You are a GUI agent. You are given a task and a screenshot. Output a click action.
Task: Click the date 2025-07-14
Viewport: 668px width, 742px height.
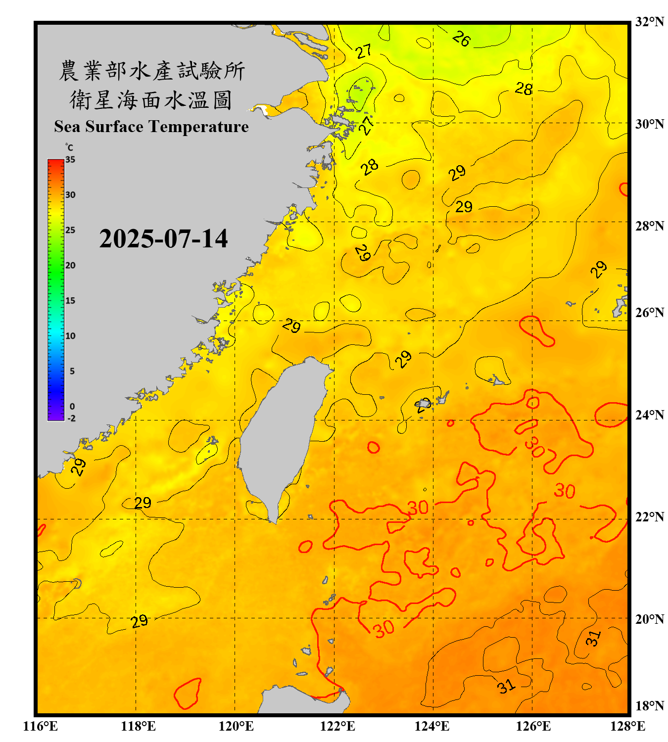tap(163, 239)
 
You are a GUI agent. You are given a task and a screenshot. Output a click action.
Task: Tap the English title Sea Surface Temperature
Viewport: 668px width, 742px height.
tap(151, 127)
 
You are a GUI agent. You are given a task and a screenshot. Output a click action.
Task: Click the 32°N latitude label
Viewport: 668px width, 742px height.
tap(650, 22)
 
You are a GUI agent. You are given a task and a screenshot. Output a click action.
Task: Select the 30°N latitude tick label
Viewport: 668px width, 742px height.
tap(650, 124)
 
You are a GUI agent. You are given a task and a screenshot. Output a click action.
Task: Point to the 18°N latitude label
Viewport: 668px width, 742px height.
tap(650, 706)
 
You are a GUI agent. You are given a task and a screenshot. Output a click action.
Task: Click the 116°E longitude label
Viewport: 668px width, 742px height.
tap(41, 726)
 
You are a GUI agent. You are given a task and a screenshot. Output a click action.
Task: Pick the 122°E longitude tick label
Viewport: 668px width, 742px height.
tap(337, 726)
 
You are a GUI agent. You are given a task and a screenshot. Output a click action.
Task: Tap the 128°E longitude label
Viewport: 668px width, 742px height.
tap(627, 726)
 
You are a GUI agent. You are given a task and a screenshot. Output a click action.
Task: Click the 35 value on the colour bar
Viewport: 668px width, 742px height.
tap(70, 160)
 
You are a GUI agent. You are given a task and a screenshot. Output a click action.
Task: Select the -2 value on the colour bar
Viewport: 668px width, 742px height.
tap(71, 418)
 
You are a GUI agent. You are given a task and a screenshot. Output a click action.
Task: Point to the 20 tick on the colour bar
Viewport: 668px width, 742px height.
tap(70, 266)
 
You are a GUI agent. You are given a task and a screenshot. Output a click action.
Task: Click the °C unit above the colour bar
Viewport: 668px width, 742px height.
tap(69, 147)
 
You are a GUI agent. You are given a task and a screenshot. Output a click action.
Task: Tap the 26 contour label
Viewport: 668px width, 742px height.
tap(461, 39)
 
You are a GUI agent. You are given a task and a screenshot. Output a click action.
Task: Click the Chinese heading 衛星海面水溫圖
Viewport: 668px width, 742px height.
tap(151, 100)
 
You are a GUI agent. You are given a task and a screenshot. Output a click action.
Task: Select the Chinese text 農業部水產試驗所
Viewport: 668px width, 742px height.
tap(151, 71)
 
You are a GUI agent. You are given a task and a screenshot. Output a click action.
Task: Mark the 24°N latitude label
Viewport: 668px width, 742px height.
tap(650, 415)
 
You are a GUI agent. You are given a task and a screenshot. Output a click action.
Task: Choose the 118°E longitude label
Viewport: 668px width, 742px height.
tap(138, 726)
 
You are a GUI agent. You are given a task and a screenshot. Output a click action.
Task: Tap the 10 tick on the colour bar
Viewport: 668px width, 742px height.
tap(70, 336)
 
